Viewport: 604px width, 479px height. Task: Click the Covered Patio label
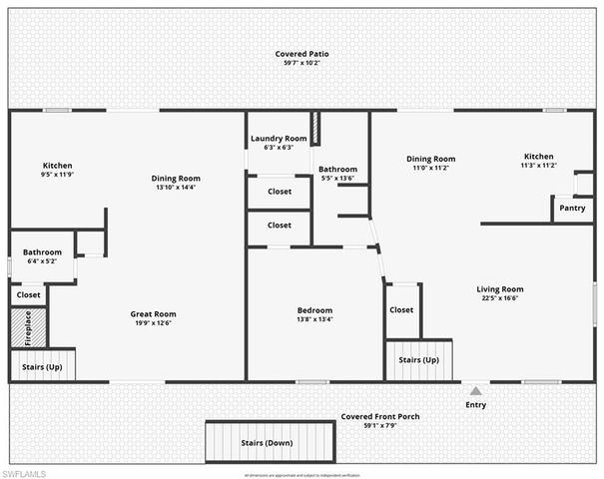pos(302,54)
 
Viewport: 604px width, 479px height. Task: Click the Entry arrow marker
pos(475,391)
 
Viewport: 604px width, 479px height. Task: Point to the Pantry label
pos(572,208)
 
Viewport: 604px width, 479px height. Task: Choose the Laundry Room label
pos(279,139)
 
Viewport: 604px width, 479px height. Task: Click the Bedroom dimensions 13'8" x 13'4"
pos(314,320)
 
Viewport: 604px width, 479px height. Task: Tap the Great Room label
pos(153,314)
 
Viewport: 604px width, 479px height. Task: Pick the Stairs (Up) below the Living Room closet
pos(418,359)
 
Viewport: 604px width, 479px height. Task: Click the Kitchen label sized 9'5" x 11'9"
pos(57,166)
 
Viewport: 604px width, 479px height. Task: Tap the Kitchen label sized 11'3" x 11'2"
pos(539,157)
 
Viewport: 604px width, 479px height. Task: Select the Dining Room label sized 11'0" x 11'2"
pos(430,159)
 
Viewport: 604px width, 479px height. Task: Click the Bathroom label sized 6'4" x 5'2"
pos(42,252)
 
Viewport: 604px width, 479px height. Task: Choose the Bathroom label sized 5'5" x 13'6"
pos(337,170)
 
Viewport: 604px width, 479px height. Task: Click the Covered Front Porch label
pos(379,416)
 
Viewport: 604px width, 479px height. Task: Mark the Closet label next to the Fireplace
pos(28,294)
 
